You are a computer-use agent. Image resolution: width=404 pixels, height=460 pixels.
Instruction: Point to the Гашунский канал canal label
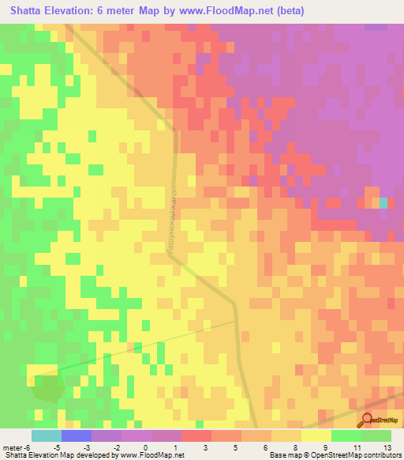(x=170, y=218)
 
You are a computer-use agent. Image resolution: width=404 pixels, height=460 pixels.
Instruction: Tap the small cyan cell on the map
(x=383, y=202)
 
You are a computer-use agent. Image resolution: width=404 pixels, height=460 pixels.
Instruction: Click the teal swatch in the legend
(x=46, y=435)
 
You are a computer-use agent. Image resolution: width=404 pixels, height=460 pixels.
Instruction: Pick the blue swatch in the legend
(x=76, y=435)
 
